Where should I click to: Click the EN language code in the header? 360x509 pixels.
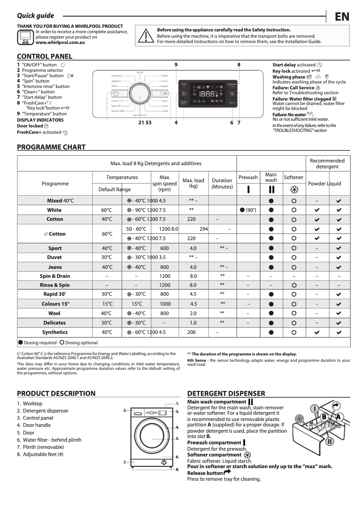[x=342, y=17]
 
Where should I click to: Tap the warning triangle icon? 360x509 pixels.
[x=146, y=36]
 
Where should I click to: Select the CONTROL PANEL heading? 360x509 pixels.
[x=44, y=57]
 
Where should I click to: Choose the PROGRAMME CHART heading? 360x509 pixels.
[x=51, y=147]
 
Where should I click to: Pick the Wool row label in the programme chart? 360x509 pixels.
[x=55, y=313]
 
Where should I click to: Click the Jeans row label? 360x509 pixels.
[x=55, y=267]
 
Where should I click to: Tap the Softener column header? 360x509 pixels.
[x=294, y=178]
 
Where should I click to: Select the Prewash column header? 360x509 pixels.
[x=248, y=178]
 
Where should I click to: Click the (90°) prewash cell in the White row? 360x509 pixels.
[x=248, y=210]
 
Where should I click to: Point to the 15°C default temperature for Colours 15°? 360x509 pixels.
[x=106, y=304]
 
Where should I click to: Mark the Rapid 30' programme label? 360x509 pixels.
[x=55, y=294]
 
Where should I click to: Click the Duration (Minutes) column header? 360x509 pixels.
[x=222, y=183]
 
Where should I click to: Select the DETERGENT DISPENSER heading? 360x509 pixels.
[x=226, y=394]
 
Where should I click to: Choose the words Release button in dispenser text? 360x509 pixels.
[x=205, y=473]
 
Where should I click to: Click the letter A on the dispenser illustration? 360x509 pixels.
[x=338, y=417]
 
